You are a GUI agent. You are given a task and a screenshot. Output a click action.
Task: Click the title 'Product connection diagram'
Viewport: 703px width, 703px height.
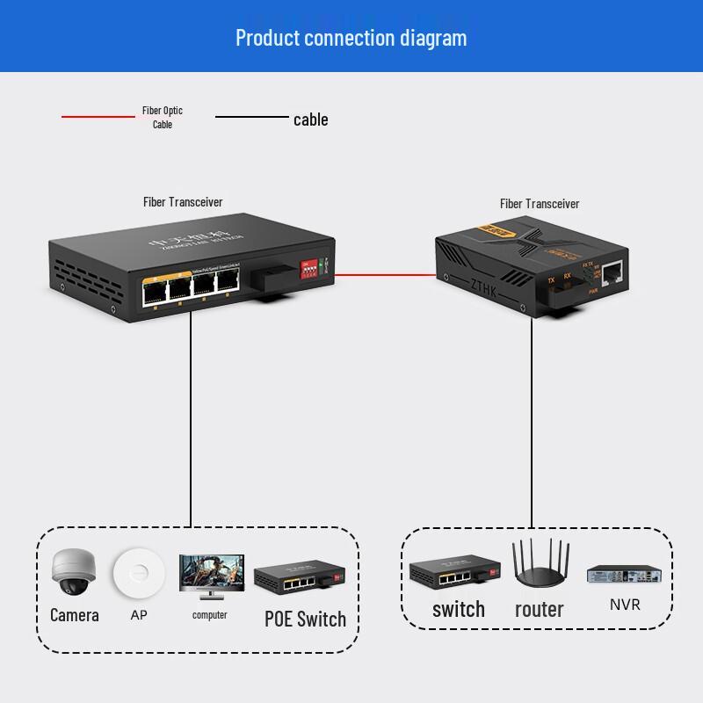click(x=351, y=38)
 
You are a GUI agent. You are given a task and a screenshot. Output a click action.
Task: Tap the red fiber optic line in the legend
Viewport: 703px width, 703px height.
click(x=97, y=117)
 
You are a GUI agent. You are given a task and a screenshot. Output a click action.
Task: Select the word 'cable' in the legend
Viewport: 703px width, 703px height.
click(x=310, y=120)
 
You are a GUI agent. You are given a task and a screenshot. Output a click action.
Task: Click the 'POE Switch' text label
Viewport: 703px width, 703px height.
click(x=305, y=619)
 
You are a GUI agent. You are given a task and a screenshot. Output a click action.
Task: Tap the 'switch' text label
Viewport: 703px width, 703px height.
click(x=458, y=609)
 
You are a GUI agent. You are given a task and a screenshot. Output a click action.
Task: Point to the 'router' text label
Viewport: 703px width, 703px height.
click(x=539, y=609)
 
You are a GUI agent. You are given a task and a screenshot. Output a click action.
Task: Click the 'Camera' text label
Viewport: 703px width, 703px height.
click(x=74, y=615)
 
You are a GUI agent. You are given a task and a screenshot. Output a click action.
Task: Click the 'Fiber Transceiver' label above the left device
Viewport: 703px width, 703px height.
click(x=183, y=202)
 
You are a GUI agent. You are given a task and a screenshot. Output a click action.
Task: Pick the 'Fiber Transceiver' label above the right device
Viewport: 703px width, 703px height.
click(x=540, y=204)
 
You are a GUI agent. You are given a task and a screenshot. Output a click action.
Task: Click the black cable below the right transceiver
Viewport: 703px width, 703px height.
click(x=532, y=422)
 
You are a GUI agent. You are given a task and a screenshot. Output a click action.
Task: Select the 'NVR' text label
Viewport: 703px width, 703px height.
click(x=625, y=605)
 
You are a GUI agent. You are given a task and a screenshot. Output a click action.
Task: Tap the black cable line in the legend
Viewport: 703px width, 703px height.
click(x=251, y=117)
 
